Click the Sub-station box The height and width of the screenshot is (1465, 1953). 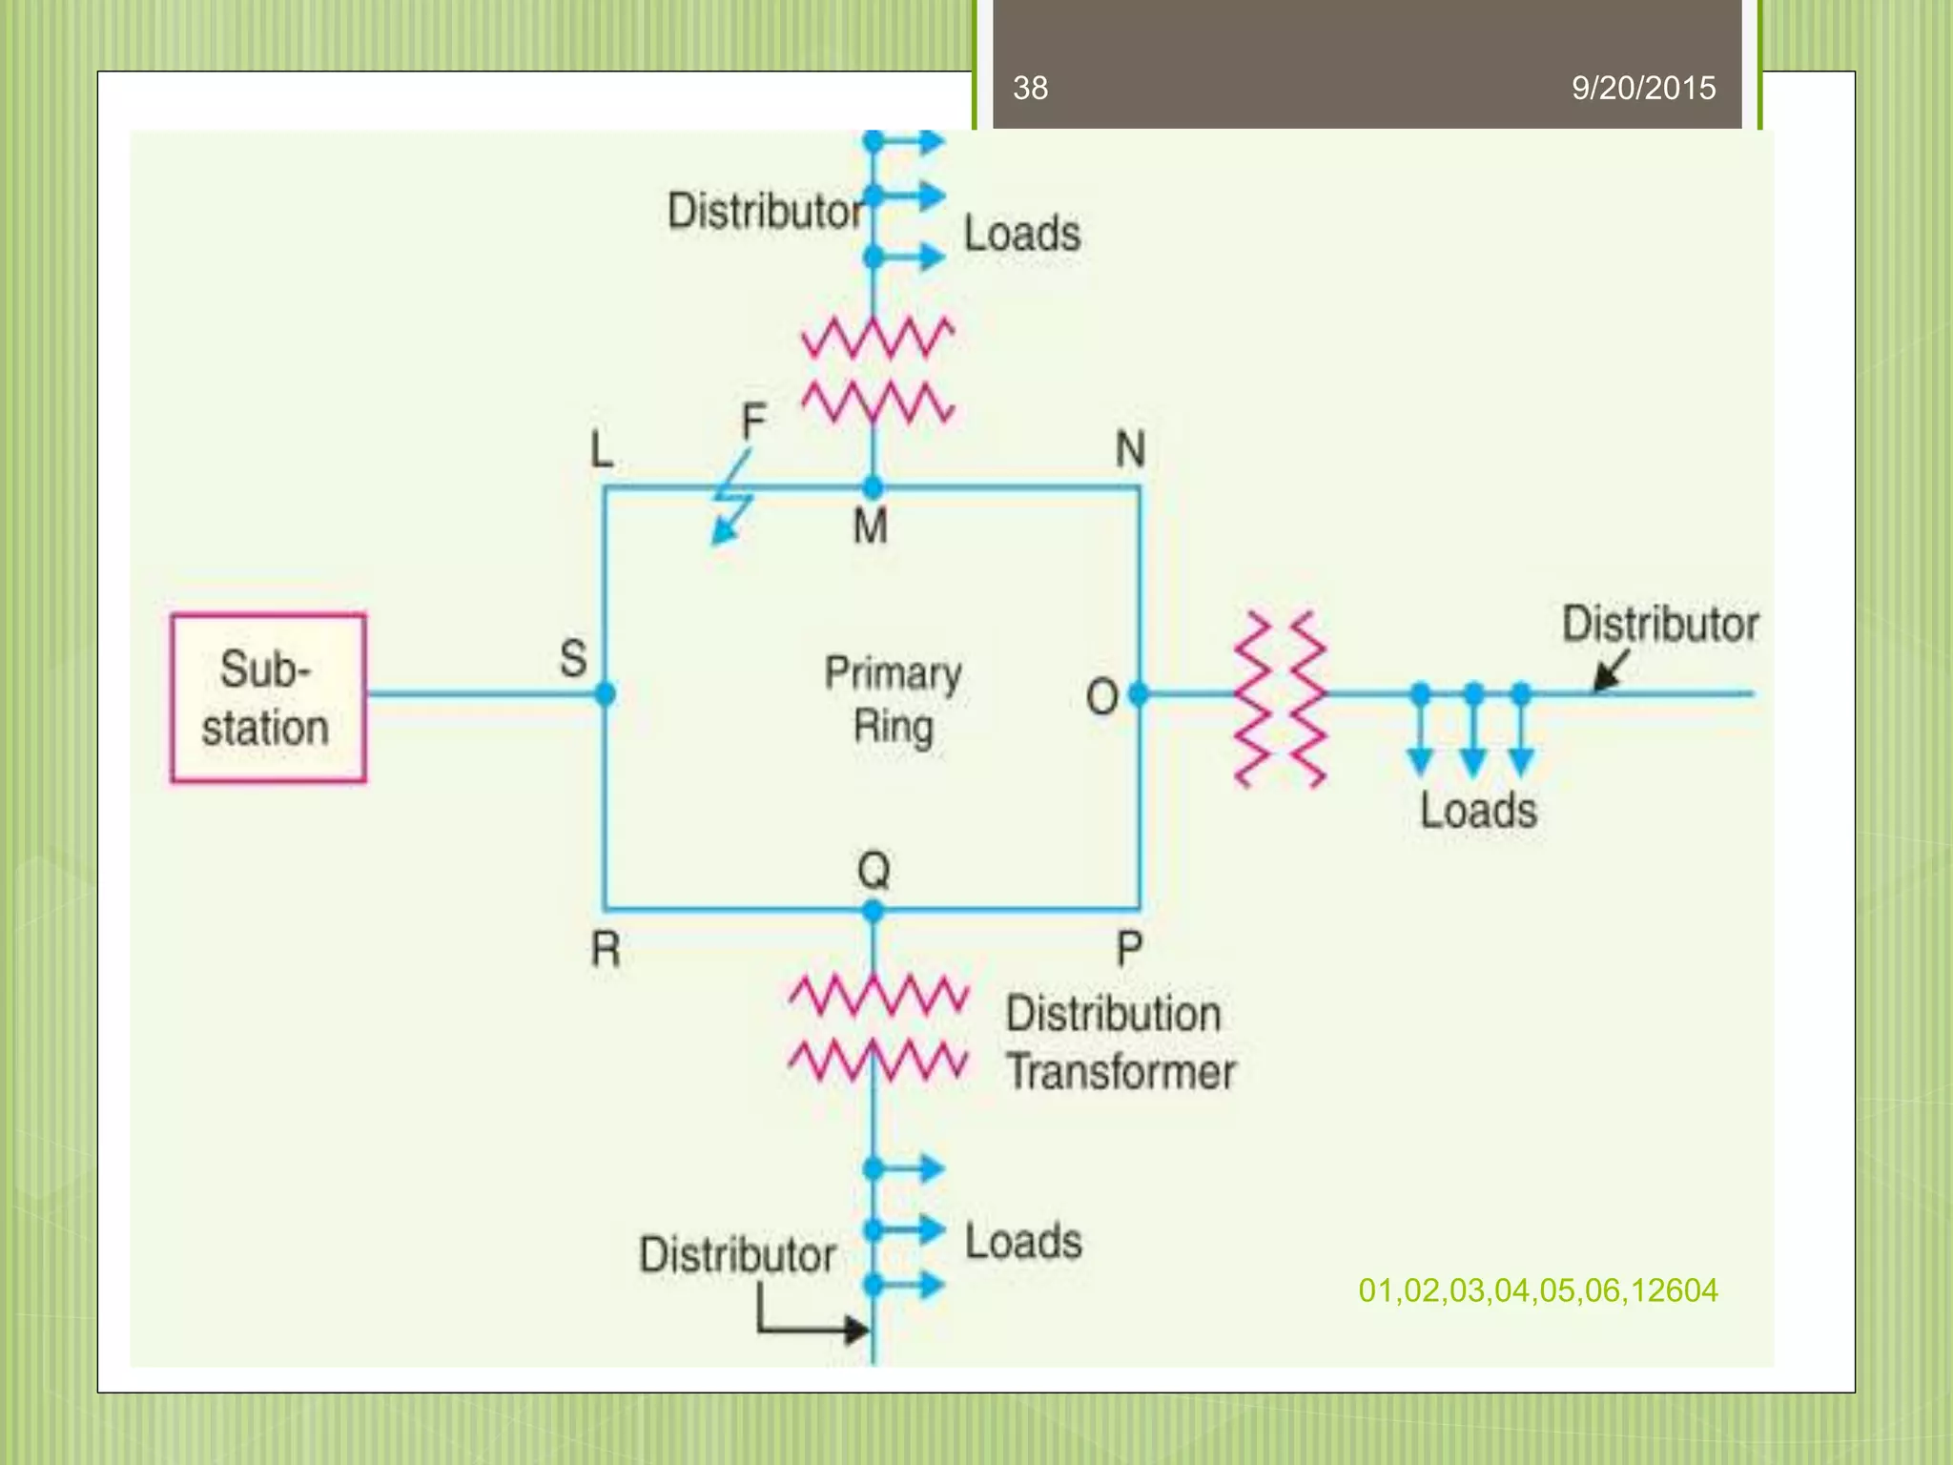[x=268, y=698]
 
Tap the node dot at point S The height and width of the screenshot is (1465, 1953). [x=605, y=693]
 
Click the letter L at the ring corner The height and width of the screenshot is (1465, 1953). [x=601, y=448]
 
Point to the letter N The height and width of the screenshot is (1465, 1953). [x=1130, y=448]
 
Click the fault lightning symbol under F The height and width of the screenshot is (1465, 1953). [x=732, y=501]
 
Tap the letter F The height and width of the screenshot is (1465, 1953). [x=753, y=421]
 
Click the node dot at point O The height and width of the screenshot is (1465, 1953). [x=1138, y=694]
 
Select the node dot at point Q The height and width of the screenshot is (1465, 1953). [x=873, y=912]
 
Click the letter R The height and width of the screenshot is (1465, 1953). [x=606, y=949]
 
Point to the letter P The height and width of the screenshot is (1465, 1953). [x=1129, y=949]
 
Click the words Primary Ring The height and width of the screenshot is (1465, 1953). [x=893, y=699]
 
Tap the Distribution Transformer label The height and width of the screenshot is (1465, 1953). [x=1120, y=1042]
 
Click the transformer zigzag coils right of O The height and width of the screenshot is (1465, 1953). [x=1280, y=699]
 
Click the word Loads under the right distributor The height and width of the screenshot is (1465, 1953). [x=1478, y=811]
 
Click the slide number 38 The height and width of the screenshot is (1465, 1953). [x=1030, y=88]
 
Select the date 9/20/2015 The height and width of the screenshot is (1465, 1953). [x=1643, y=88]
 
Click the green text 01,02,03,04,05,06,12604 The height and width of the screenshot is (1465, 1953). [x=1537, y=1290]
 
